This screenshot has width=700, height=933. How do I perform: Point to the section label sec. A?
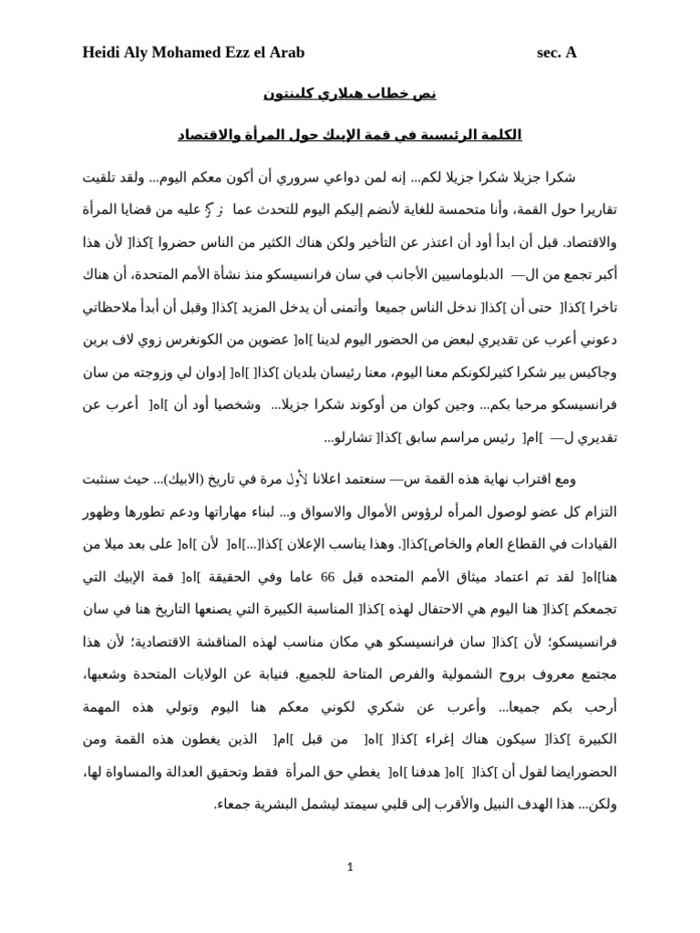click(x=556, y=53)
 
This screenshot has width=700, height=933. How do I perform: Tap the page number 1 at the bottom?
click(x=350, y=867)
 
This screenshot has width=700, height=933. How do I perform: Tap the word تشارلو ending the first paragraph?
click(x=348, y=438)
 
